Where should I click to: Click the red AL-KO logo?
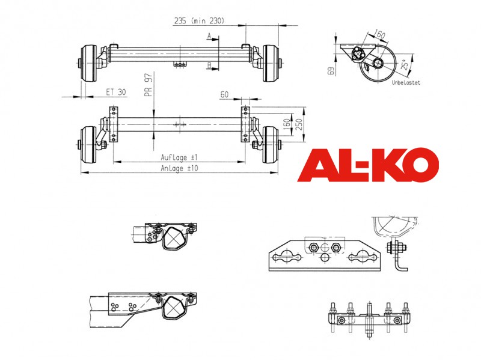[368, 165]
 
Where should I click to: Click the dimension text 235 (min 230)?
[200, 21]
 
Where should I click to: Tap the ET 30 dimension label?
[116, 92]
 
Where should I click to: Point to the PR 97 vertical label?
[149, 85]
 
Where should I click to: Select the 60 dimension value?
[224, 94]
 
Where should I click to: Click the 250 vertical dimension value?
[299, 124]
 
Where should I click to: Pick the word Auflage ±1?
[179, 157]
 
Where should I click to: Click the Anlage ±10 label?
[179, 168]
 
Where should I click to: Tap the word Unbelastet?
[406, 82]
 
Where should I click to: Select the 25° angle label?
[405, 65]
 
